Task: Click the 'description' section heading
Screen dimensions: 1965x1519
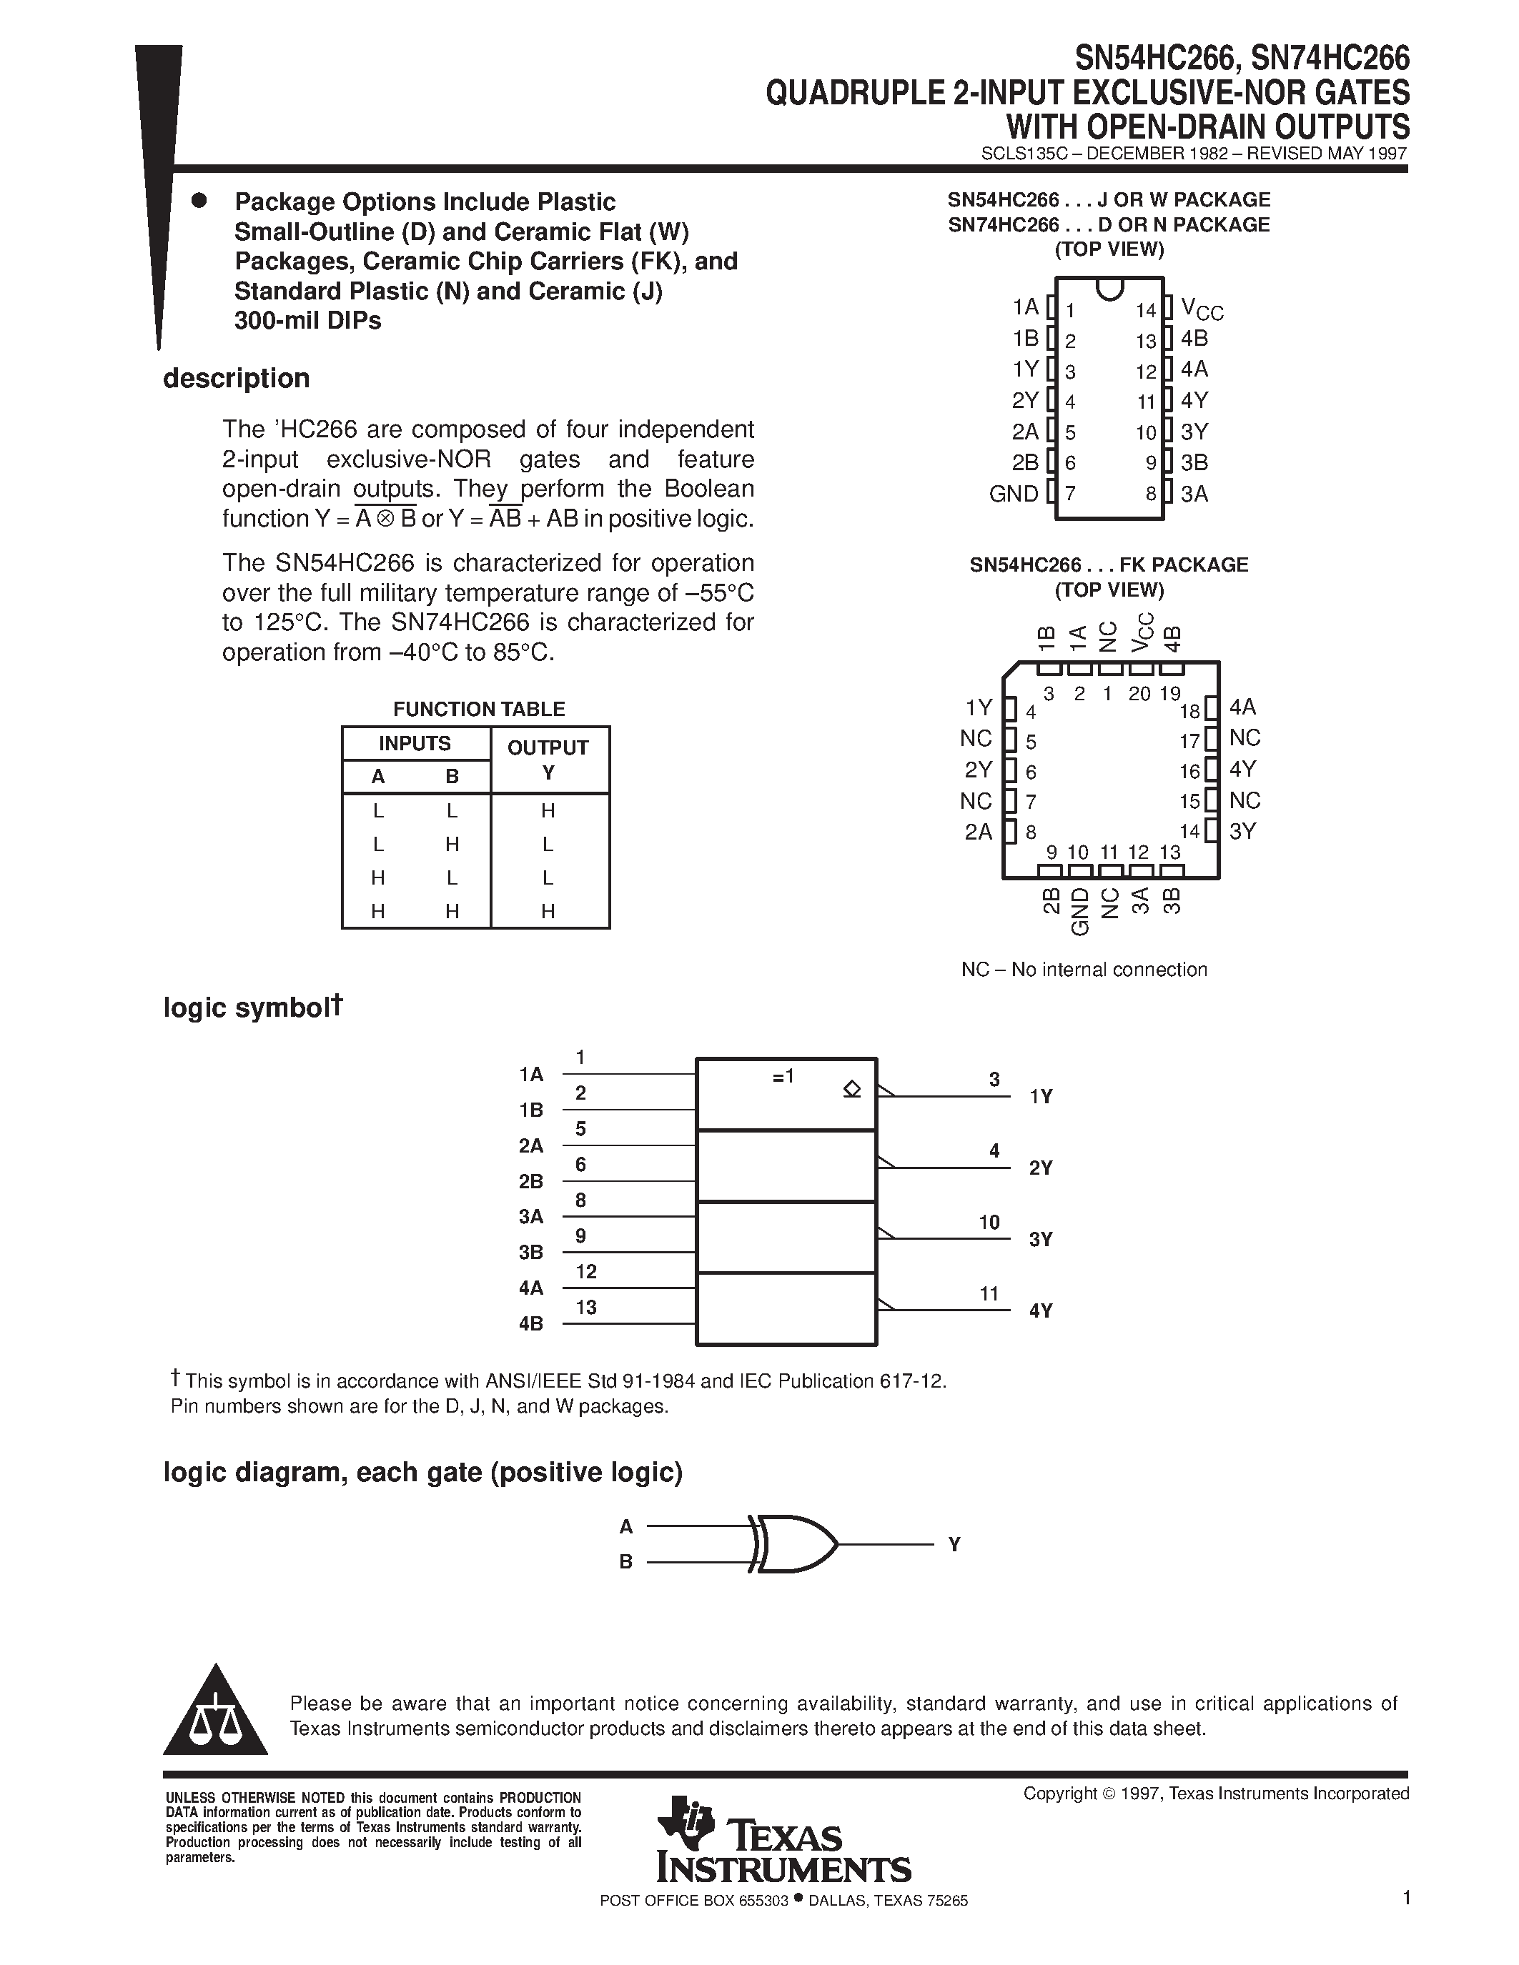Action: pos(236,379)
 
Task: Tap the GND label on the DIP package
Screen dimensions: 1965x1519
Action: pos(1014,494)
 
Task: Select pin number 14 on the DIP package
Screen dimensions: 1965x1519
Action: pos(1144,312)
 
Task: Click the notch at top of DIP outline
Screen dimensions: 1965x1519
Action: pos(1109,289)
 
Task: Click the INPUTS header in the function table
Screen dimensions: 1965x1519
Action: pos(414,744)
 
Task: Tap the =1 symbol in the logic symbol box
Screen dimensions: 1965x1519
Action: pos(783,1077)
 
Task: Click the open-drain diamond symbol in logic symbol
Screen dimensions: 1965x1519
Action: pos(851,1090)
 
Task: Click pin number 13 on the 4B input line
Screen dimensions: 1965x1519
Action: pos(586,1308)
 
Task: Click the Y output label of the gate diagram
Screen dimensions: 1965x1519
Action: pos(954,1545)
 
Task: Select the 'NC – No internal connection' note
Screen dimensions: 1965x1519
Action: pos(1084,970)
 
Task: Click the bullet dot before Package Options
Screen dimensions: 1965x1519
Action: pos(199,201)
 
